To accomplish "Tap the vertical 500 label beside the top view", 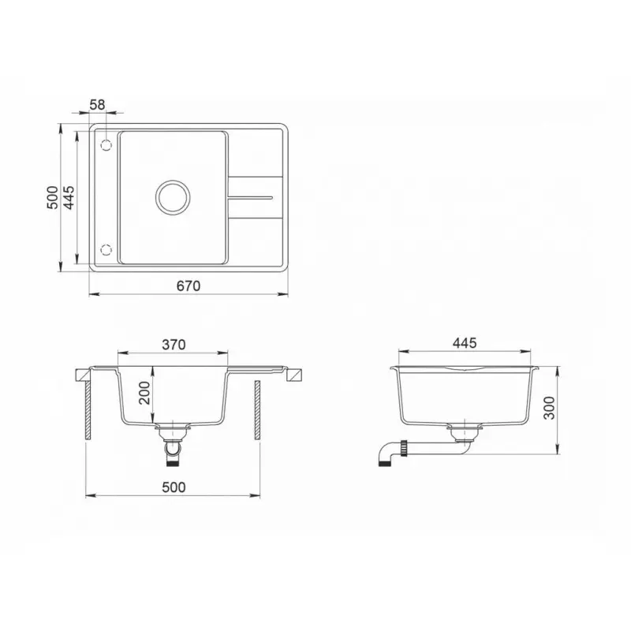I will click(x=53, y=197).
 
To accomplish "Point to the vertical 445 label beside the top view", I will click(x=69, y=197).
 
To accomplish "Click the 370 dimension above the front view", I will click(x=174, y=344).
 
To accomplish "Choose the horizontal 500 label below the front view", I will click(x=174, y=487).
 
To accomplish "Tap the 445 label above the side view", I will click(x=465, y=344).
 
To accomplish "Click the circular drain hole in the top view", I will click(x=172, y=196).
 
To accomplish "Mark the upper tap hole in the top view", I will click(x=105, y=145).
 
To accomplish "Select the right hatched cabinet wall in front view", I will click(x=257, y=410).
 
